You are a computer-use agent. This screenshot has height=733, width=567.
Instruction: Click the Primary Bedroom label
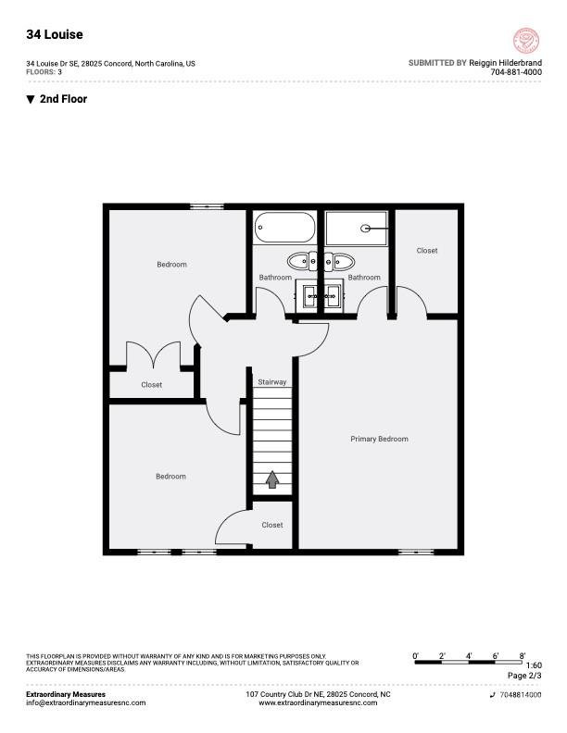[x=379, y=439]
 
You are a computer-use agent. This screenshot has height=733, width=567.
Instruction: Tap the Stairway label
[x=272, y=381]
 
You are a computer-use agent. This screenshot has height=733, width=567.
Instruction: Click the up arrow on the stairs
[x=272, y=479]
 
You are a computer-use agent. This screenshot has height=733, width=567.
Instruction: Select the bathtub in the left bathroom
[x=284, y=227]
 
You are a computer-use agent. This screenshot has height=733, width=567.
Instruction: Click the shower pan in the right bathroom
[x=357, y=228]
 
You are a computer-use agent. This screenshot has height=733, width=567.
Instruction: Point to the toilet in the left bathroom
[x=301, y=260]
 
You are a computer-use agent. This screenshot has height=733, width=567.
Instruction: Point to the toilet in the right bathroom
[x=337, y=260]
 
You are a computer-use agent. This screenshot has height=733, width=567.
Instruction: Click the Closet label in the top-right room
[x=427, y=251]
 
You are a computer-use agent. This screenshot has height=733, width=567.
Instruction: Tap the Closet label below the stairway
[x=272, y=525]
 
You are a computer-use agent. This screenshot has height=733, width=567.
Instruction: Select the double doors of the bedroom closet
[x=152, y=356]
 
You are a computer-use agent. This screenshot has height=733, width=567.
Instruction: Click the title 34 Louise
[x=54, y=34]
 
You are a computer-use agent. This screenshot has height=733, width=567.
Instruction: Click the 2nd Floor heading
[x=63, y=99]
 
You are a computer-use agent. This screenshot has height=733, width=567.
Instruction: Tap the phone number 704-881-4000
[x=516, y=72]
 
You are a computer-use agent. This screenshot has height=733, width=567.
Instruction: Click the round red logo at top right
[x=525, y=40]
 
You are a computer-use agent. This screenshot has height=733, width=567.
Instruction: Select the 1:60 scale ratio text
[x=534, y=665]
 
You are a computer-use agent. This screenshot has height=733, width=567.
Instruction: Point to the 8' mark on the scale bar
[x=523, y=655]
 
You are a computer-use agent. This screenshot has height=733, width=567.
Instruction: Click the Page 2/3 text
[x=524, y=676]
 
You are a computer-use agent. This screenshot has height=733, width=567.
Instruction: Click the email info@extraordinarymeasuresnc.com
[x=86, y=702]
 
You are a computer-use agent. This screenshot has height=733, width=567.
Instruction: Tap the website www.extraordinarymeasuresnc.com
[x=318, y=702]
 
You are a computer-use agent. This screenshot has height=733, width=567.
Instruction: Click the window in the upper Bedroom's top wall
[x=201, y=205]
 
